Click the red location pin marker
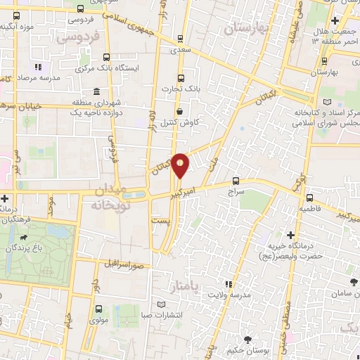181,165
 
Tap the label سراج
236,191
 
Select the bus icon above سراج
236,180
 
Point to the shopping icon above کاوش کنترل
181,111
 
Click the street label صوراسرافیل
125,266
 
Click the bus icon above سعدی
181,39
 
